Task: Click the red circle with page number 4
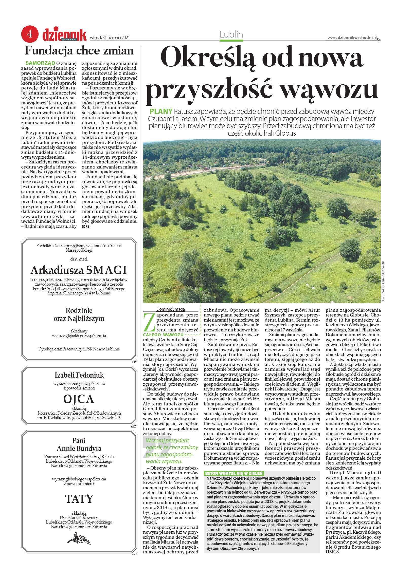tap(30, 34)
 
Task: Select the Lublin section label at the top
tap(231, 34)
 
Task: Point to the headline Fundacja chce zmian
tap(79, 51)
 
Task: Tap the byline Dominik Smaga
tap(170, 309)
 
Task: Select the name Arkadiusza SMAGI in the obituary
tap(79, 270)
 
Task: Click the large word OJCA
tap(79, 399)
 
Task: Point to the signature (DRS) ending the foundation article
tap(86, 227)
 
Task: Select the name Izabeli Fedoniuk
tap(79, 375)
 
